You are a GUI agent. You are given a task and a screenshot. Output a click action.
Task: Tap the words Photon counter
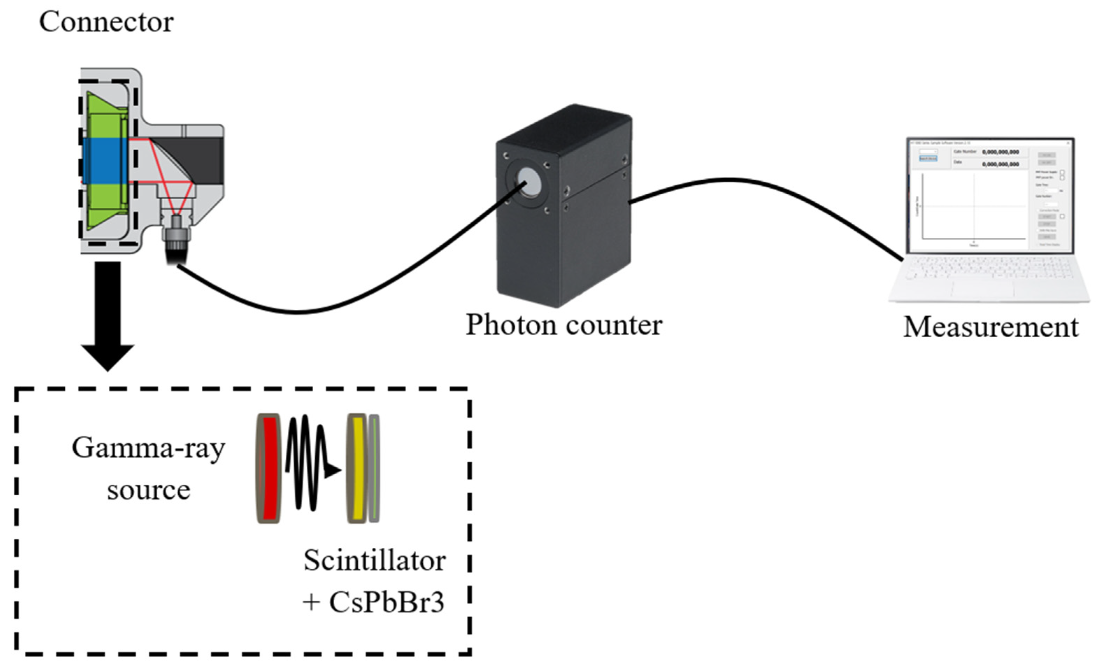pyautogui.click(x=564, y=325)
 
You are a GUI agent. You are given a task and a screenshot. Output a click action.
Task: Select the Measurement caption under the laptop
pyautogui.click(x=990, y=328)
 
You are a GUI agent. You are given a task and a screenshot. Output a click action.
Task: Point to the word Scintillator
pyautogui.click(x=374, y=561)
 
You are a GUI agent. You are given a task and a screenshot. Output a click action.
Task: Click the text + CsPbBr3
pyautogui.click(x=373, y=602)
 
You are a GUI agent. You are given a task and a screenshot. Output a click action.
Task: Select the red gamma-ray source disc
pyautogui.click(x=270, y=468)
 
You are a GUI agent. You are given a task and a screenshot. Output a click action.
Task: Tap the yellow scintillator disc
pyautogui.click(x=357, y=468)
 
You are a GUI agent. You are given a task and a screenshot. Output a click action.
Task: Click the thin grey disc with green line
pyautogui.click(x=374, y=468)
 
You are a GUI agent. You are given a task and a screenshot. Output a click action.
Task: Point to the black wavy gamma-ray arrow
pyautogui.click(x=309, y=465)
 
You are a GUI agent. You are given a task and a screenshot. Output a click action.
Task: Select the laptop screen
pyautogui.click(x=989, y=197)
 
